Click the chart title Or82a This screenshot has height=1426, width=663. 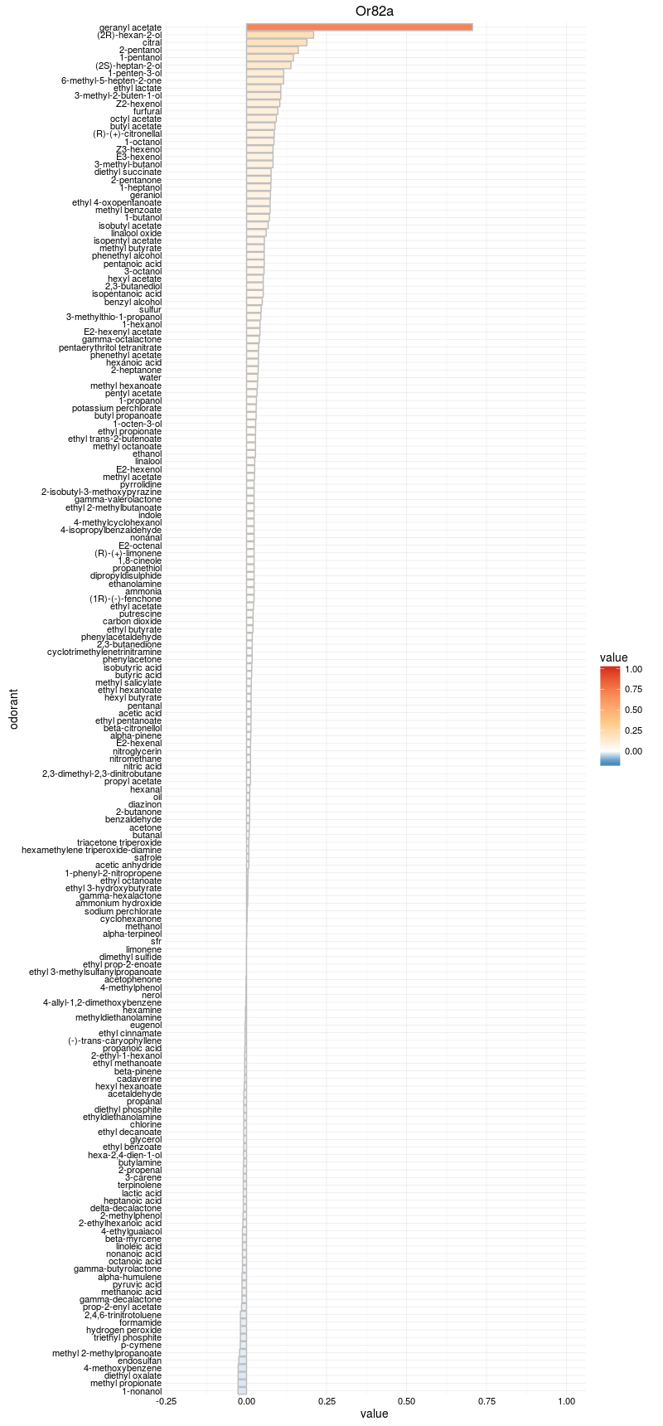coord(374,11)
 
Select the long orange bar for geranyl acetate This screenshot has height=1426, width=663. coord(359,27)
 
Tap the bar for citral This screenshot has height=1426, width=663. coord(277,42)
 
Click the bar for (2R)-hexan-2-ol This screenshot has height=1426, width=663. coord(280,35)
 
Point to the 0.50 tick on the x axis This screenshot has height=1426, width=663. coord(406,1401)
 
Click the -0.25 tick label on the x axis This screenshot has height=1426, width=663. coord(167,1401)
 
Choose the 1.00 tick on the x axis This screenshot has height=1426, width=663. coord(566,1401)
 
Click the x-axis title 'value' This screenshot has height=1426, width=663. coord(374,1414)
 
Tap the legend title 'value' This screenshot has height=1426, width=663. coord(614,658)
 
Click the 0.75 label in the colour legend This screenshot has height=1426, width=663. coord(633,689)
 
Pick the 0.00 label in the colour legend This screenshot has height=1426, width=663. coord(633,750)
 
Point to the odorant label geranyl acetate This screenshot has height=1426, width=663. coord(130,27)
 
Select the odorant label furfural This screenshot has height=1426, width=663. coord(148,111)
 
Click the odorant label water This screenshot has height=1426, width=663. coord(150,378)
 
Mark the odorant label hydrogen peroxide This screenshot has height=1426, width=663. coord(124,1330)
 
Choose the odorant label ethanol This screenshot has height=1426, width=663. coord(148,454)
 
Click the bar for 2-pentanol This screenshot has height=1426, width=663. coord(273,50)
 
